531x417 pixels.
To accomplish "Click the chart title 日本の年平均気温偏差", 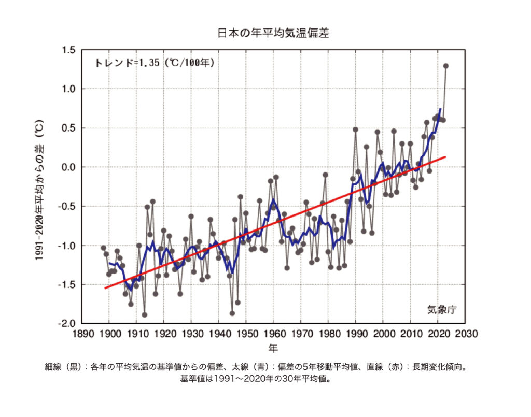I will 273,33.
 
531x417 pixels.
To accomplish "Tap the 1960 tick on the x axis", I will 274,334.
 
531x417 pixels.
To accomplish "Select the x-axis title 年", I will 273,347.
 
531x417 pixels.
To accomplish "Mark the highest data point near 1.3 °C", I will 445,66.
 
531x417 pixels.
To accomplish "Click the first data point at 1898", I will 103,248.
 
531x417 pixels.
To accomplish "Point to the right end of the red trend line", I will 445,157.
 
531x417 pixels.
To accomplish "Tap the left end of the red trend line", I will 104,288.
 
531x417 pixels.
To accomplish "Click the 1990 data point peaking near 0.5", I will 356,130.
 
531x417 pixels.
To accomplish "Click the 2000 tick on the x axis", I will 383,334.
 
